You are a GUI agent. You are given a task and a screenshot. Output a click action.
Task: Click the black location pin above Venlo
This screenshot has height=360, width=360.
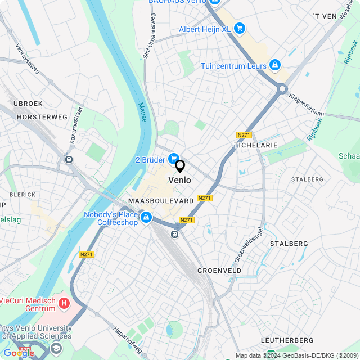(x=180, y=166)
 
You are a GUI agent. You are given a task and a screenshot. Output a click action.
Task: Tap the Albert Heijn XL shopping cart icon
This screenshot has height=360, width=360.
(x=240, y=28)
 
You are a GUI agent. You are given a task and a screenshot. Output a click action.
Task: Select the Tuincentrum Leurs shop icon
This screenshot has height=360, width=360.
(x=274, y=66)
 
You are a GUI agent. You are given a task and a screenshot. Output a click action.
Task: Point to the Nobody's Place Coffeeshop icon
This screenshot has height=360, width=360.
(x=146, y=217)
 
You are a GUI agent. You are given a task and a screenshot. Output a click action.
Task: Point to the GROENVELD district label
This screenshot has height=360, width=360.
(x=219, y=271)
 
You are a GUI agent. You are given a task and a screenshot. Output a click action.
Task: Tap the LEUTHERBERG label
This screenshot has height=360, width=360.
(x=287, y=341)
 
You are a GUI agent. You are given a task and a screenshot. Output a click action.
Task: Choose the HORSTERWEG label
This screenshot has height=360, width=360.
(x=42, y=117)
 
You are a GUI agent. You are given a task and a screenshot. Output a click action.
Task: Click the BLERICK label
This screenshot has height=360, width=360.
(x=22, y=195)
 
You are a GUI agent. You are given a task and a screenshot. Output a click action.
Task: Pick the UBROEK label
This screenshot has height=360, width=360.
(x=28, y=104)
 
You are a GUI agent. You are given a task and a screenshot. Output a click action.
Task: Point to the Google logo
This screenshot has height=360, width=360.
(x=19, y=353)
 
